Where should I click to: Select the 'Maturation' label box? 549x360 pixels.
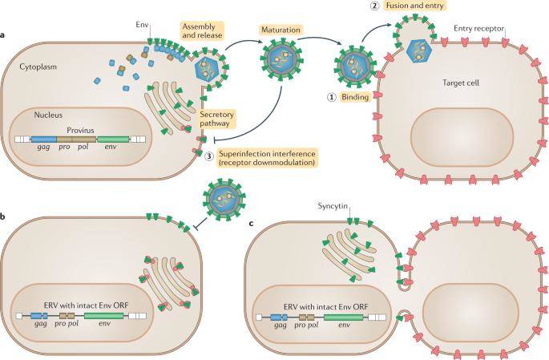click(x=279, y=30)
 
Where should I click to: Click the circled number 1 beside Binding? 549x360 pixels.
click(x=331, y=97)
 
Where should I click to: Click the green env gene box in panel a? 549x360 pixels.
click(x=115, y=138)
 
